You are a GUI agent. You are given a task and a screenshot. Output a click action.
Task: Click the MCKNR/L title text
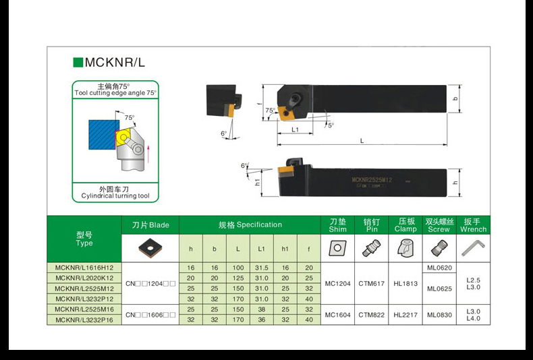pos(115,63)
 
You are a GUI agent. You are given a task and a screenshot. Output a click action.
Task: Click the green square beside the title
pos(78,63)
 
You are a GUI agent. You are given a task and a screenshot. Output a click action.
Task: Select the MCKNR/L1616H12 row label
pos(84,268)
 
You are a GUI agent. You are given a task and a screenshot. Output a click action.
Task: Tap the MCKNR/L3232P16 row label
pos(84,320)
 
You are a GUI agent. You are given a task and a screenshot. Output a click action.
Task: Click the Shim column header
pos(337,225)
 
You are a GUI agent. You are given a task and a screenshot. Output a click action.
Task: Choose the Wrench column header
pos(473,225)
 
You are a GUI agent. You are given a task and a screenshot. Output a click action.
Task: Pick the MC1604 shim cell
pos(337,315)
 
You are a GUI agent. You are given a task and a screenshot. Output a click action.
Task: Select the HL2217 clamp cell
pos(405,315)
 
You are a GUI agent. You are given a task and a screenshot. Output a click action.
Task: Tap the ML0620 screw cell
pos(439,268)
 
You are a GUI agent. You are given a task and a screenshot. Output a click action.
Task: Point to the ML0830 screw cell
pos(439,315)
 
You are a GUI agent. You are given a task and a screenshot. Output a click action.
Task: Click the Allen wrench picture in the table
pos(473,248)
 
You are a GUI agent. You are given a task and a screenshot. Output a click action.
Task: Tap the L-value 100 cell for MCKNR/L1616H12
pos(238,268)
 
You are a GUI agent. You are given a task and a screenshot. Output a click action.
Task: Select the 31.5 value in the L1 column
pos(261,268)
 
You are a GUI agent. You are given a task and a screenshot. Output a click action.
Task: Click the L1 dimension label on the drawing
pos(295,129)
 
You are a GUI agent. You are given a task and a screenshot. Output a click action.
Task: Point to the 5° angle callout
pos(331,125)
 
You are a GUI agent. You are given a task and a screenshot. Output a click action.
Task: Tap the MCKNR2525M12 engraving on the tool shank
pos(372,179)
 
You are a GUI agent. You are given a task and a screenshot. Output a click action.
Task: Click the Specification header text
pos(250,224)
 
